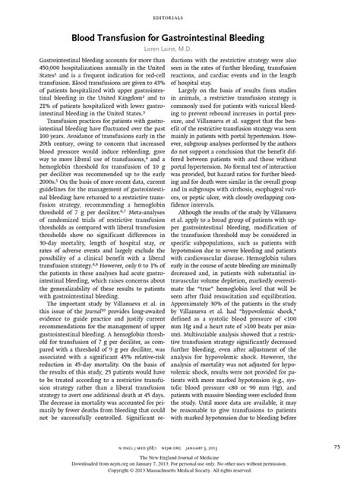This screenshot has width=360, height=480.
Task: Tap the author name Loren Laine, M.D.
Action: click(179, 46)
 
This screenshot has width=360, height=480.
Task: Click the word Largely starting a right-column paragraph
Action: click(206, 91)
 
